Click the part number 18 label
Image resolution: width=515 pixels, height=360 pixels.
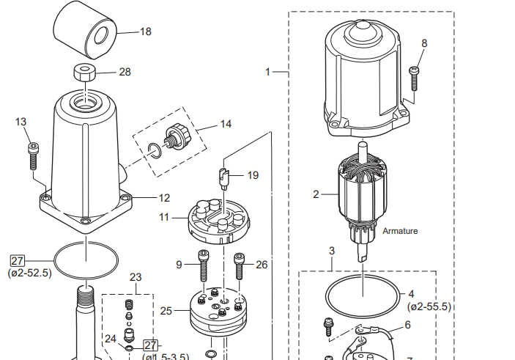(145, 32)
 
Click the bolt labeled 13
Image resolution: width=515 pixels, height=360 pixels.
(33, 155)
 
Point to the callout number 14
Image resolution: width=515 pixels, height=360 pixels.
(226, 124)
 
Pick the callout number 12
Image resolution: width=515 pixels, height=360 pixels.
(164, 198)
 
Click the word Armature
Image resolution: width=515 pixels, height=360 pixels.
(400, 231)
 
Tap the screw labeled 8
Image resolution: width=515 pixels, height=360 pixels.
(414, 77)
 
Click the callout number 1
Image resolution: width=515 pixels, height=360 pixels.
(268, 72)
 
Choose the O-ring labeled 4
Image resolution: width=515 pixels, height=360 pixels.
(363, 295)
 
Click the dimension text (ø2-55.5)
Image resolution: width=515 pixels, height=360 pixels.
(429, 306)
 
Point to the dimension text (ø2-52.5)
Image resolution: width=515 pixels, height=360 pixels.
(30, 273)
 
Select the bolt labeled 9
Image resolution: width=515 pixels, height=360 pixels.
(203, 265)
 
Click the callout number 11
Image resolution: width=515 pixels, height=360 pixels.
(165, 218)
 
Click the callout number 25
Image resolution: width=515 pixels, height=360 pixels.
(166, 311)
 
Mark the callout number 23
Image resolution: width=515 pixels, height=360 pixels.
(136, 277)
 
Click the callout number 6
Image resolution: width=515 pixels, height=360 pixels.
(408, 325)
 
